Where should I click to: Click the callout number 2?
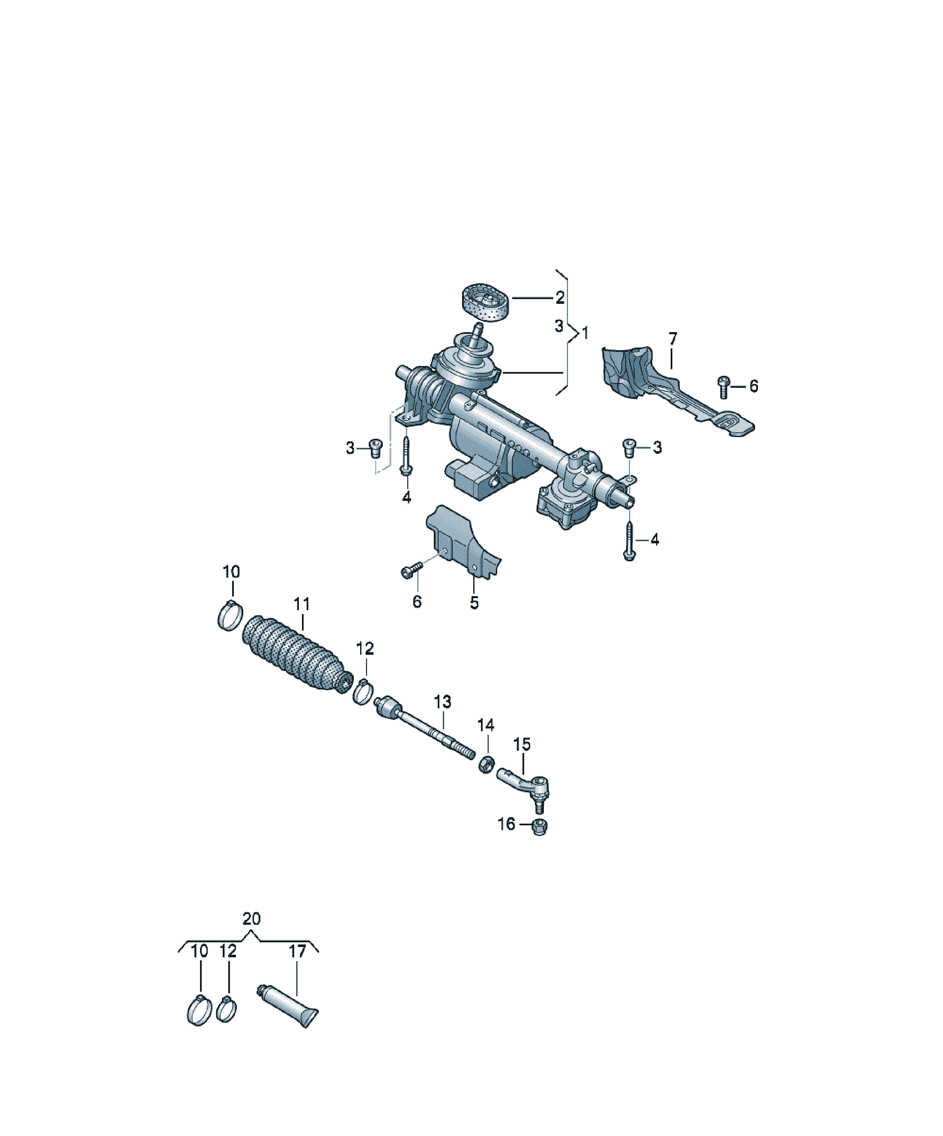(x=560, y=297)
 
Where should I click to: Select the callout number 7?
(x=672, y=339)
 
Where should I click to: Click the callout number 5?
(x=474, y=602)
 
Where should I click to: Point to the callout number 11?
(x=302, y=604)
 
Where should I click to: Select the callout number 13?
(x=442, y=701)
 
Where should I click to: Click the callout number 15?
(x=522, y=745)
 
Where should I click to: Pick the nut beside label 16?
(x=539, y=827)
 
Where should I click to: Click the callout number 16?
(x=506, y=824)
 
